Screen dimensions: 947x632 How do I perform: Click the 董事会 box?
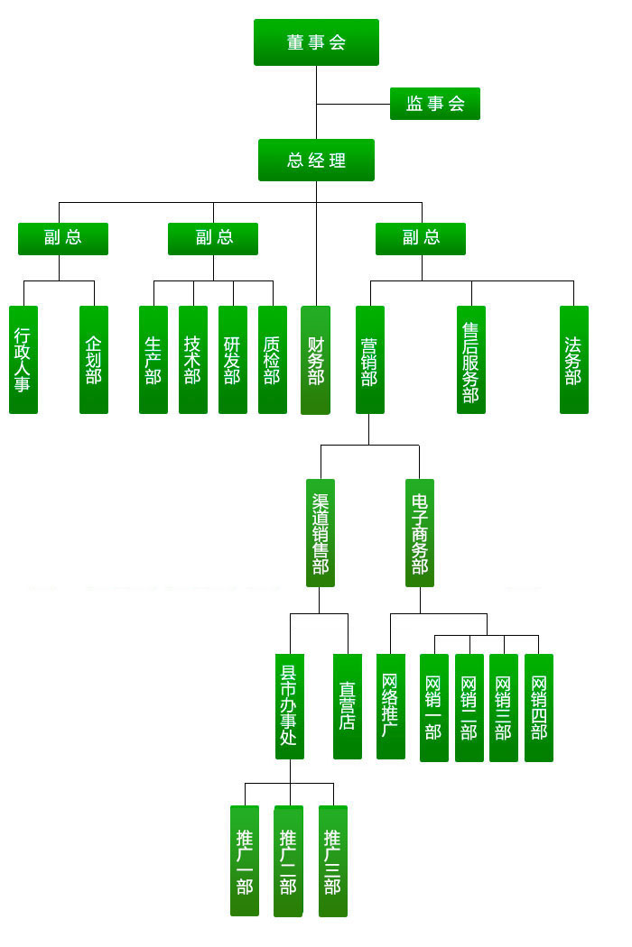click(316, 42)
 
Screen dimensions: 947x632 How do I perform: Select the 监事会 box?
click(434, 104)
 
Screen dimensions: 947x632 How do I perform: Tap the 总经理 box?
click(316, 161)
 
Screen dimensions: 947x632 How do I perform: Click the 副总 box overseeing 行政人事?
click(63, 238)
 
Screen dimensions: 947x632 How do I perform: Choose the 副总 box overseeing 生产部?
click(213, 238)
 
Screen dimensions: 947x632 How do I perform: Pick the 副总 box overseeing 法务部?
click(421, 238)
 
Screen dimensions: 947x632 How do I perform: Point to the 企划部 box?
click(94, 360)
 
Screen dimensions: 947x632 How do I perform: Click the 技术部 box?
click(193, 360)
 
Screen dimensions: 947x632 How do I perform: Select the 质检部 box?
click(273, 360)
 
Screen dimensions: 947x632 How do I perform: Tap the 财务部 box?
click(315, 360)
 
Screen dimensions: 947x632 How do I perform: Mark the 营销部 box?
click(369, 360)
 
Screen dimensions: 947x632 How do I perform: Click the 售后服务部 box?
click(470, 360)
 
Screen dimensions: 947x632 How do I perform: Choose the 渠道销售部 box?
click(321, 533)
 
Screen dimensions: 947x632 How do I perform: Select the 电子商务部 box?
click(420, 533)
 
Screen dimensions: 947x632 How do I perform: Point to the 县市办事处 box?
click(289, 706)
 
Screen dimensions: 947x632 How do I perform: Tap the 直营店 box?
click(348, 706)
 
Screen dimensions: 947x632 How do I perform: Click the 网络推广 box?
click(390, 706)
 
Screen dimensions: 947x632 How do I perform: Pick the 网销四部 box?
click(539, 708)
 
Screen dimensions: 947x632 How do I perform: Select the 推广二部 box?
click(288, 861)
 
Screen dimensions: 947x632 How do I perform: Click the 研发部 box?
click(233, 360)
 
